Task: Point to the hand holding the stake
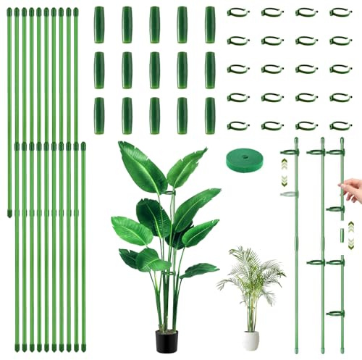point(353,190)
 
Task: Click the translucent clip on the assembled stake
point(290,193)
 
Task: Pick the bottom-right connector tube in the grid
point(210,116)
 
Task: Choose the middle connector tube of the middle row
point(154,70)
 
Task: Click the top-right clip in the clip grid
point(341,12)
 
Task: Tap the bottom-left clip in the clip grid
point(238,125)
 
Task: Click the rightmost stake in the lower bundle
point(83,246)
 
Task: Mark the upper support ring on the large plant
point(169,194)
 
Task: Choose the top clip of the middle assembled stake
point(316,152)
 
